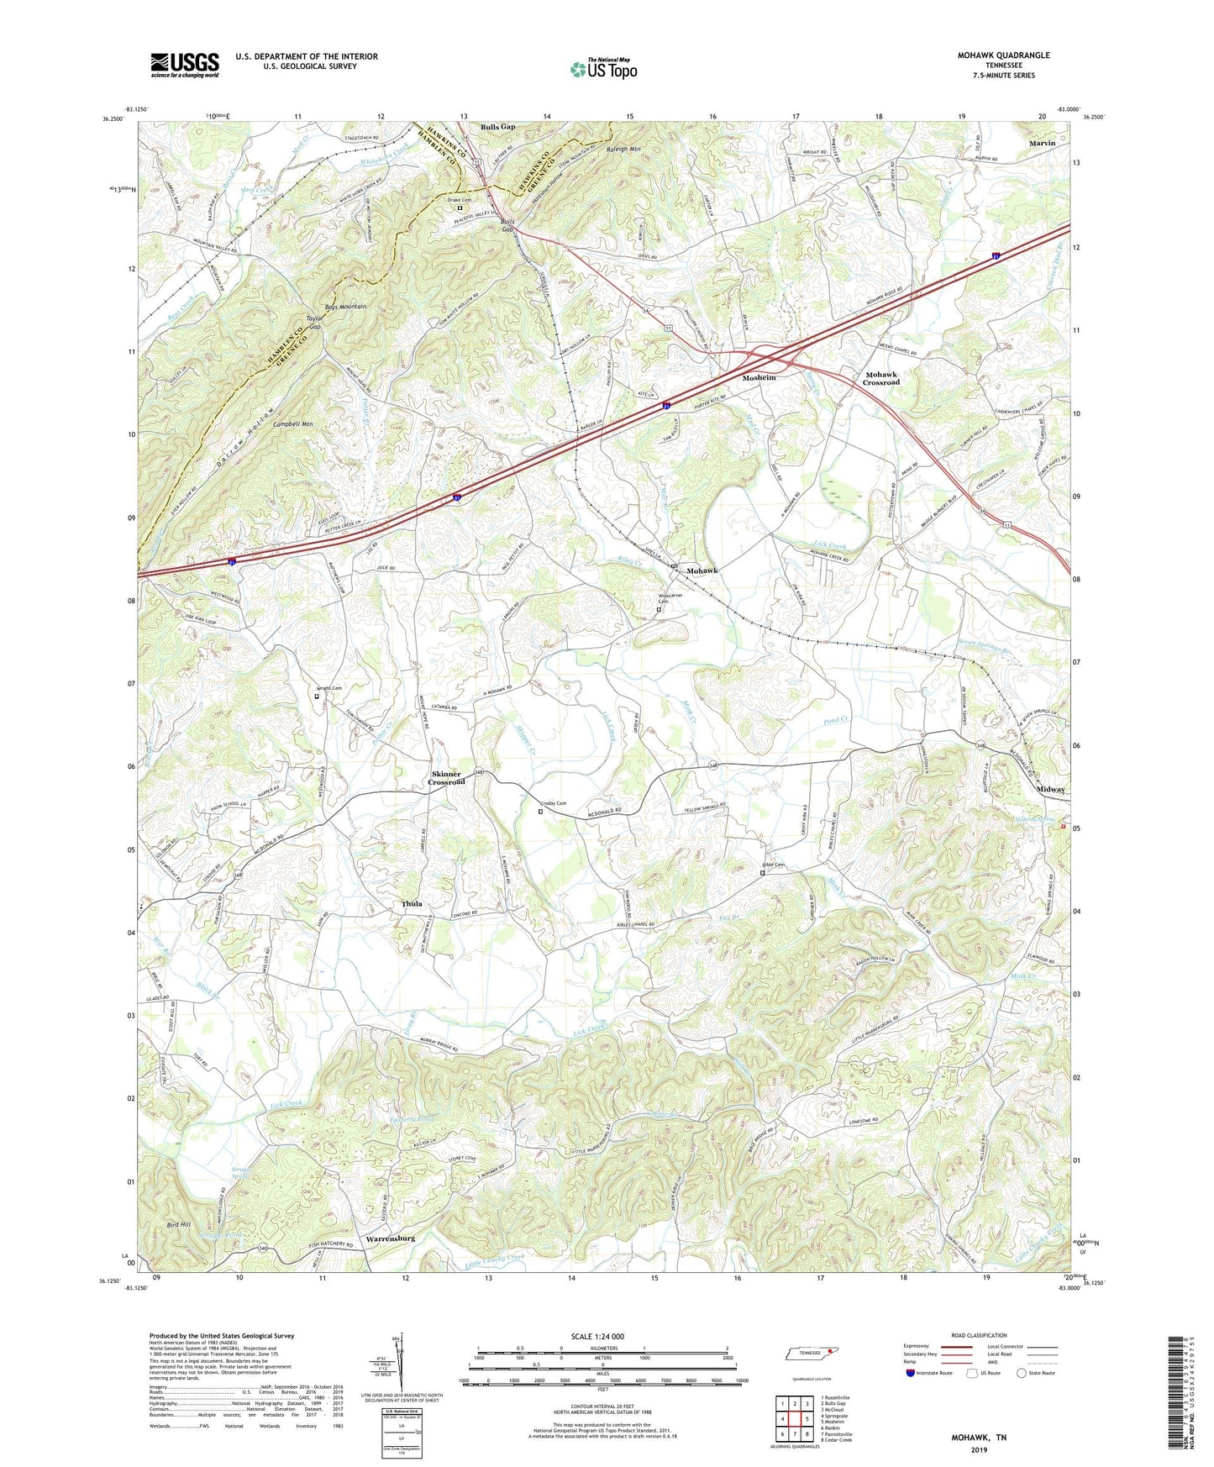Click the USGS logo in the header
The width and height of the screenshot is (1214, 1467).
[x=184, y=65]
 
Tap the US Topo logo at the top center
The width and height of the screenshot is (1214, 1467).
[x=603, y=69]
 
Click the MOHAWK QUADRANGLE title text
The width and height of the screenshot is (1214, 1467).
[x=1003, y=55]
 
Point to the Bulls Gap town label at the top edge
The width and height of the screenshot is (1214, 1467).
[x=497, y=127]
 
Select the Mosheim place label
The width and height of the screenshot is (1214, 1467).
[x=759, y=378]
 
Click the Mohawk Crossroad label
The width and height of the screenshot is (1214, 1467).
[x=880, y=378]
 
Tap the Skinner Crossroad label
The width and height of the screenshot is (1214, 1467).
[x=446, y=777]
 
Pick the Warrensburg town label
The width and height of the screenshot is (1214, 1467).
[x=391, y=1238]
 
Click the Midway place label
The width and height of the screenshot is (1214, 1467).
[x=1050, y=789]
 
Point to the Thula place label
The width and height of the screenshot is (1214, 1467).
[x=412, y=904]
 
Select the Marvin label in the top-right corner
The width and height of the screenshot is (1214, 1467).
[x=1042, y=144]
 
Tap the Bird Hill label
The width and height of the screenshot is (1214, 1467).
[x=179, y=1225]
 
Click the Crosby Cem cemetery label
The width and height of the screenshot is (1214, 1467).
[x=553, y=804]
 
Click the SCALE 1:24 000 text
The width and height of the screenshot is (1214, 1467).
[x=596, y=1336]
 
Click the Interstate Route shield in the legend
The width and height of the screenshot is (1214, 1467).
[x=911, y=1373]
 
